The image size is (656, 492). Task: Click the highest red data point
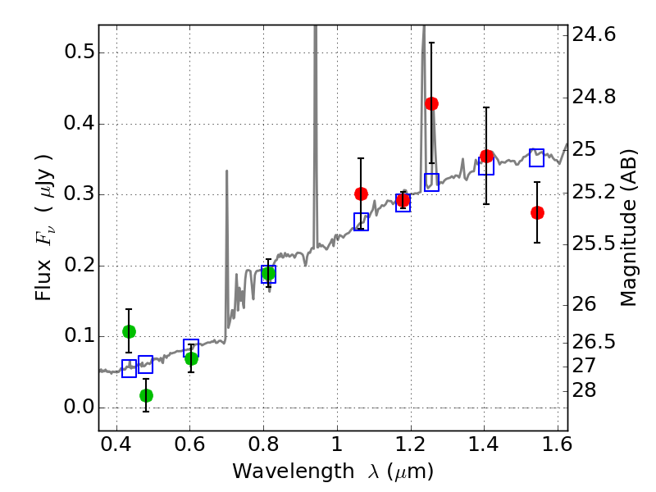431,103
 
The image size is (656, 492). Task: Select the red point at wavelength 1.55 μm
537,212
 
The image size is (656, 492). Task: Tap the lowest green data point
146,395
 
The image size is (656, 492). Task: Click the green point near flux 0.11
129,331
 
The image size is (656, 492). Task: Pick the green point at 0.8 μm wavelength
268,273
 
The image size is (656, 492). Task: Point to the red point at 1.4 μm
486,156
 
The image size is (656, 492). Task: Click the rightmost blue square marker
536,157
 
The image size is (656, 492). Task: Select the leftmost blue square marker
129,368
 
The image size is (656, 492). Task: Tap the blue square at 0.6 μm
191,348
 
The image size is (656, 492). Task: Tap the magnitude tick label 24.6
594,34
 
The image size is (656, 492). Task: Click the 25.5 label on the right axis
594,244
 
